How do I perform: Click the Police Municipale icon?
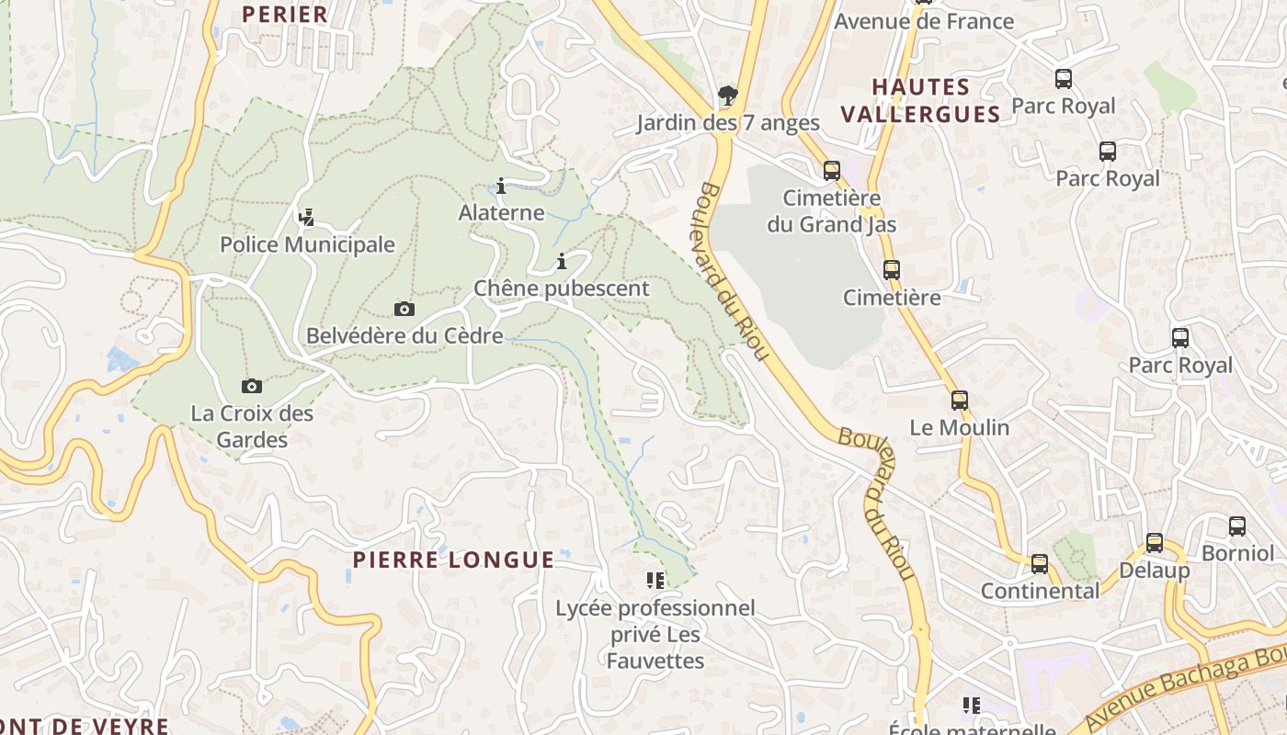(307, 218)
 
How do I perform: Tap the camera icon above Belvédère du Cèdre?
(404, 309)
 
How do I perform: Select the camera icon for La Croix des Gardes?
(251, 386)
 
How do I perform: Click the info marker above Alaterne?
(501, 187)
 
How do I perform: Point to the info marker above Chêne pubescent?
(562, 262)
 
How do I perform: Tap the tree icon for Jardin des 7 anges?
(727, 95)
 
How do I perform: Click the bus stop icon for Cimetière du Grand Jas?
(832, 170)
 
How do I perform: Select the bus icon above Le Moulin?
(960, 401)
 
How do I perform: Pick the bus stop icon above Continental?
(1040, 563)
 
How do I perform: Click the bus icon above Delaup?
(1155, 543)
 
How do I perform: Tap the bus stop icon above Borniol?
(1237, 526)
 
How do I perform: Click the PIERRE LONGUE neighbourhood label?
(454, 560)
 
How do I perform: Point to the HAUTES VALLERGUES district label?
(921, 100)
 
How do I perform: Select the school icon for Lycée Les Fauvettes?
(655, 580)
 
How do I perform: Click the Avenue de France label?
(923, 21)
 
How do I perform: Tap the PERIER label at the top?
(284, 14)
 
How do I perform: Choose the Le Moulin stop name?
(959, 427)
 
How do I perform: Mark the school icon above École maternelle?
(972, 706)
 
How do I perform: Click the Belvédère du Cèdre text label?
(404, 335)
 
